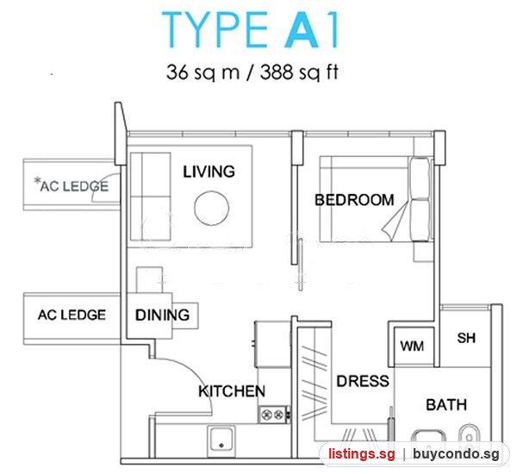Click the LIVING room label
209,172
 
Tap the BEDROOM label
354,200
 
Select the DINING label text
162,315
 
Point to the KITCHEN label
232,391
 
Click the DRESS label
363,381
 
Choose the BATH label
446,405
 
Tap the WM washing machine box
414,346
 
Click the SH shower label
466,338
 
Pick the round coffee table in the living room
211,209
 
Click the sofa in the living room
150,196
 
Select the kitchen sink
221,441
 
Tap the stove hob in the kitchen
274,415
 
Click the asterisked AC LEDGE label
72,185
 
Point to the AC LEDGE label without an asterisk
72,315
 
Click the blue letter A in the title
302,29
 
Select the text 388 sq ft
299,72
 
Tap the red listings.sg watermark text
361,454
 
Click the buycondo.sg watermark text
456,454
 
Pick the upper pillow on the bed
420,178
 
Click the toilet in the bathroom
469,433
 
